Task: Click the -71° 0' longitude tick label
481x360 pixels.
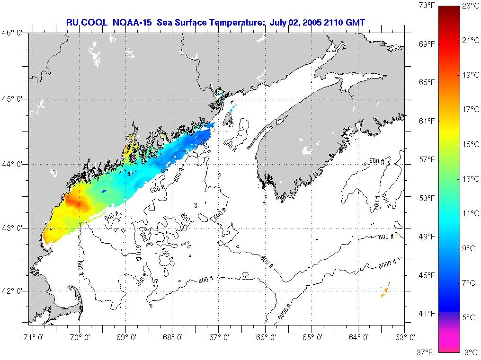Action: coord(32,337)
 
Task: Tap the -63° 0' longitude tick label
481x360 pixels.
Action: coord(404,337)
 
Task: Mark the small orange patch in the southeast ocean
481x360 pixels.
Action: coord(385,289)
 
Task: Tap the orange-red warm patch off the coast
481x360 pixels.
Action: coord(76,201)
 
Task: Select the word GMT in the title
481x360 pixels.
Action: coord(356,22)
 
